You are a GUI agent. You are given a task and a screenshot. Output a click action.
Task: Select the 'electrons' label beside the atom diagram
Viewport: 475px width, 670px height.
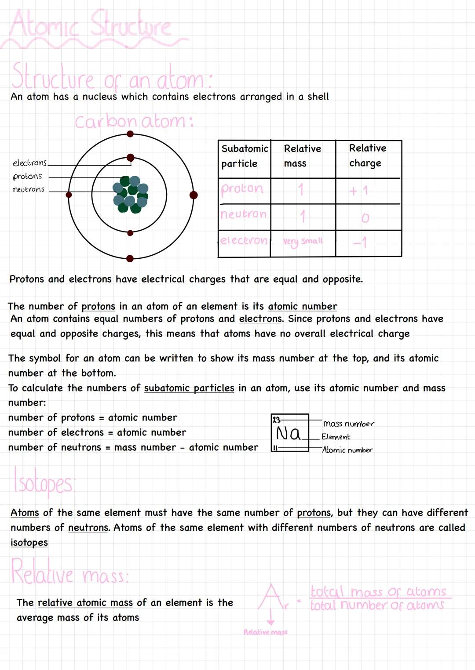click(x=29, y=163)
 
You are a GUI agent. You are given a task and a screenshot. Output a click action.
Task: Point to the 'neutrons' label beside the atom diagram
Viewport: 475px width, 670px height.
click(x=29, y=189)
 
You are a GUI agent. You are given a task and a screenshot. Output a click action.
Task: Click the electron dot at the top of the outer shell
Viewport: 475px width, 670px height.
click(x=130, y=134)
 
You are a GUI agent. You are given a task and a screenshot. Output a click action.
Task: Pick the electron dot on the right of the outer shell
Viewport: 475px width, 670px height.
click(x=194, y=195)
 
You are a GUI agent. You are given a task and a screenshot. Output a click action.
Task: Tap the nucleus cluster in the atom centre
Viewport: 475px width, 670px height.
click(x=131, y=195)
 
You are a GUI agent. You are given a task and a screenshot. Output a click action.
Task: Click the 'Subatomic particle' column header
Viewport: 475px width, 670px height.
click(x=244, y=156)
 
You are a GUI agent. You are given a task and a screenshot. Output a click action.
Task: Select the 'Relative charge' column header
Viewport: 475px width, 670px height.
click(x=367, y=156)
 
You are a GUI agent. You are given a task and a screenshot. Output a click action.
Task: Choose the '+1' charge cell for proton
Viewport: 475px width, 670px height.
click(x=359, y=191)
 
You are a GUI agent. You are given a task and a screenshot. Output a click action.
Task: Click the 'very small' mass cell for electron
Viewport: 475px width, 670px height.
click(x=303, y=241)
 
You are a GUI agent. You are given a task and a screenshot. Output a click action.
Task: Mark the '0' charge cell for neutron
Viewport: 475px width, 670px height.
click(x=365, y=218)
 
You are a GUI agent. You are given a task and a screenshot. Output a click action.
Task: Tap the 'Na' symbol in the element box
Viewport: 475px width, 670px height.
click(x=288, y=434)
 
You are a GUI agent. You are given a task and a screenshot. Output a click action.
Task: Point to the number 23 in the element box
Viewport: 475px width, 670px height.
click(x=276, y=420)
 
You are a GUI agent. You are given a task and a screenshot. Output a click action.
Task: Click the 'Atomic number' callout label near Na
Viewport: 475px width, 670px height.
click(x=347, y=450)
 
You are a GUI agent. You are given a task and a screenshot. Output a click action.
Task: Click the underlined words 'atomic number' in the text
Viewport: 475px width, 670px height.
click(x=303, y=306)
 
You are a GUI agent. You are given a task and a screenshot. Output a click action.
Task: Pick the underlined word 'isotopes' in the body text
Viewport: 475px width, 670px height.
click(x=29, y=543)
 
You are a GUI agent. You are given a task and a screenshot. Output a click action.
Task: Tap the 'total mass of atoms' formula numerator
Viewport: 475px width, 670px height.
click(x=378, y=591)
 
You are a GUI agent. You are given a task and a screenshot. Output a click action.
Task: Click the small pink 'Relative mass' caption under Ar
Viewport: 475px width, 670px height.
click(x=266, y=632)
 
